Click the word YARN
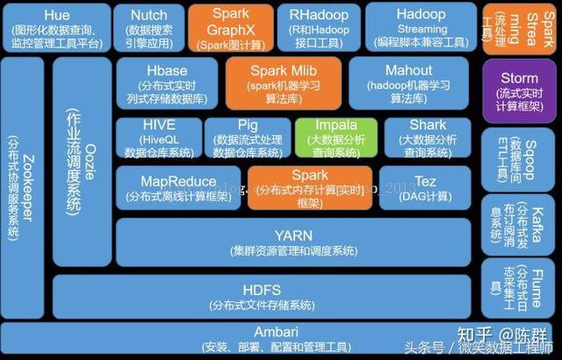tap(294, 235)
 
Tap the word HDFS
tap(262, 290)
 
